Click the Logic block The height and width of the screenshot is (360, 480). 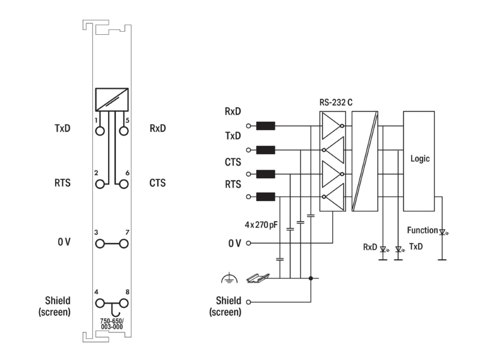(419, 161)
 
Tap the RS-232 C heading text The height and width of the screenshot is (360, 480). (336, 102)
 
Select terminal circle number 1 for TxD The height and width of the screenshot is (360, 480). (100, 131)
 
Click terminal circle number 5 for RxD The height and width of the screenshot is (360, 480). (124, 131)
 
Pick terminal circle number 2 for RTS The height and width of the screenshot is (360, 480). (100, 184)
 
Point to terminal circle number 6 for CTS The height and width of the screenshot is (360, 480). (124, 184)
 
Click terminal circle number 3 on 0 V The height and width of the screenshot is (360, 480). (100, 244)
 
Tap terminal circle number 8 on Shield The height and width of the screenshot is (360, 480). (124, 304)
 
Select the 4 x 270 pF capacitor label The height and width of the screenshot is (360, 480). (261, 225)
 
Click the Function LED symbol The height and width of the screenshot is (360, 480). (443, 232)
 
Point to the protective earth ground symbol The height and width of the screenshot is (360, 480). (229, 278)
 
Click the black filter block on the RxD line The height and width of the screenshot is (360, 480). (265, 126)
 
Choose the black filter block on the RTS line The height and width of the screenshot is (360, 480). (265, 197)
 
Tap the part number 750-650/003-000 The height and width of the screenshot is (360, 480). (112, 324)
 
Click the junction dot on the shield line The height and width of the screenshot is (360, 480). (311, 278)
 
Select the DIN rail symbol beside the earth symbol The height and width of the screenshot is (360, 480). (258, 278)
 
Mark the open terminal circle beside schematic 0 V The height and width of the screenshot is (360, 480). (248, 243)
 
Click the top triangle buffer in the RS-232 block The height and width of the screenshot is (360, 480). (332, 126)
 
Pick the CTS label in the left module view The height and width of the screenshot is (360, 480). (157, 183)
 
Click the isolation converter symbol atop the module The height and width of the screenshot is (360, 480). (112, 100)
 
